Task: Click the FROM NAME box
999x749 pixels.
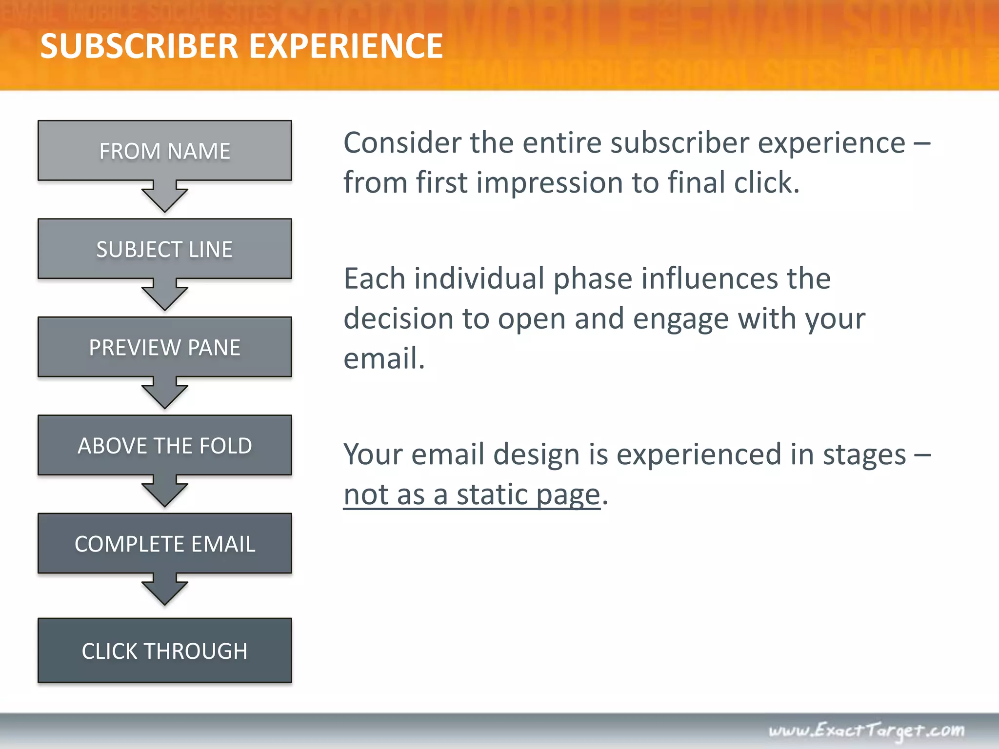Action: pos(165,151)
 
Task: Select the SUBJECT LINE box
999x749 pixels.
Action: pos(165,249)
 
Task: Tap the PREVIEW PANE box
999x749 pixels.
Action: pos(165,347)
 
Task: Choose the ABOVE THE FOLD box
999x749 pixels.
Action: pos(165,445)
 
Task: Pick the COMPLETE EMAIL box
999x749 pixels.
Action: pos(165,543)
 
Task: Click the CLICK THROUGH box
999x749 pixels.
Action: pos(165,650)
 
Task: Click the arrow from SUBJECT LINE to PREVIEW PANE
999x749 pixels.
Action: pos(165,295)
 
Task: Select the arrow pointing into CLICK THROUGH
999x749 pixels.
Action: pos(165,590)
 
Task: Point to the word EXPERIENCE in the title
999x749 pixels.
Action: pos(346,46)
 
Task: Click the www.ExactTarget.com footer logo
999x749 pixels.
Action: pos(866,730)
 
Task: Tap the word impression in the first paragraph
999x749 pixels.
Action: pos(550,183)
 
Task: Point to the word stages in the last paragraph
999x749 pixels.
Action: pos(864,455)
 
